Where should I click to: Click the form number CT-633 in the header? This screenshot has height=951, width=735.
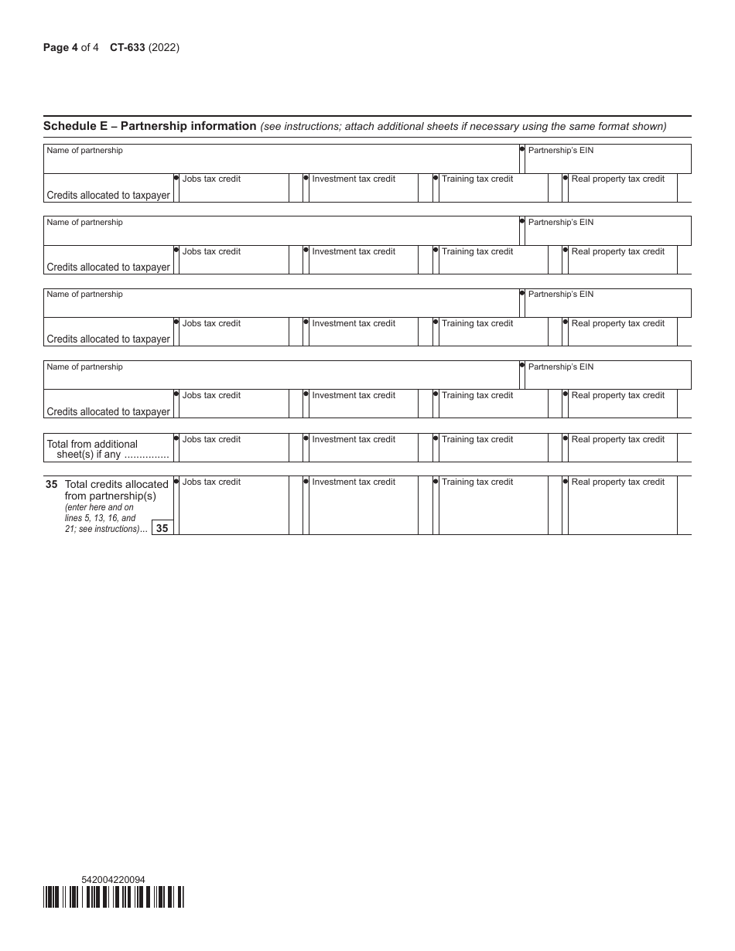128,47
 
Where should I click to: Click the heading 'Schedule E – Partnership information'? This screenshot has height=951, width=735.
150,126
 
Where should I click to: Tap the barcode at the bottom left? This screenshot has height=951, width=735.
114,896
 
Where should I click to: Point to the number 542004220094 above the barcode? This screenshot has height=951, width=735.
113,880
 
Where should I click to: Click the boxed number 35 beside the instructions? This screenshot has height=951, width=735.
162,528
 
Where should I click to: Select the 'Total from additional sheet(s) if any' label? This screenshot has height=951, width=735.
108,449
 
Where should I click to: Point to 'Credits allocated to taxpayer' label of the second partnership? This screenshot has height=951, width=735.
108,267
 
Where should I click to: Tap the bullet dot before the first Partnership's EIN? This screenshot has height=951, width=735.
522,148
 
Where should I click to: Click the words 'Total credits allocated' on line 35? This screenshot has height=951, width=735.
117,484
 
